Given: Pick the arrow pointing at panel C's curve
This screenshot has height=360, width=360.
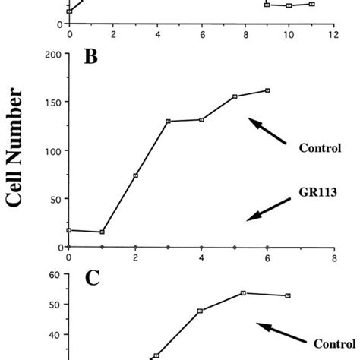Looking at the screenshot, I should [279, 332].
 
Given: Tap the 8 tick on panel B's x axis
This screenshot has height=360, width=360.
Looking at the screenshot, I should [333, 257].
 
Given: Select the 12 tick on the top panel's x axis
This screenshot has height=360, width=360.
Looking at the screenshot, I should [333, 34].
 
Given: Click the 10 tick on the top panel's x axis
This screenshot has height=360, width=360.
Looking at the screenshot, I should [289, 34].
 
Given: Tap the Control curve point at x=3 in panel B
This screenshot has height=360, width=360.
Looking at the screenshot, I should [168, 121].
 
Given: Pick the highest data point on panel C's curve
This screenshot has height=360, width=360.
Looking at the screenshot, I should [243, 292].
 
